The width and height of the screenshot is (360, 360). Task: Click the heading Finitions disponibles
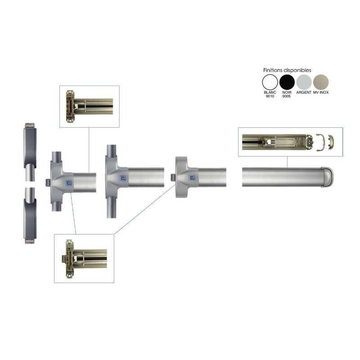(x=287, y=70)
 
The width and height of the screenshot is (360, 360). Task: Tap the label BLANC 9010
(x=270, y=94)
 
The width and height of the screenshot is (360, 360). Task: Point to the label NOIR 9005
(x=287, y=94)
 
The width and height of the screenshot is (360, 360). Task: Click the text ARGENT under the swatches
(x=304, y=92)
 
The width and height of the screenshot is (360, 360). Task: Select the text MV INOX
(x=321, y=92)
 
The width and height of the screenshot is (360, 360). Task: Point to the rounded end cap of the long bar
(x=328, y=177)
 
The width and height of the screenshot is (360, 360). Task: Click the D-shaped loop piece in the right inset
(x=319, y=142)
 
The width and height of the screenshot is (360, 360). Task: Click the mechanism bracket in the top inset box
(x=70, y=106)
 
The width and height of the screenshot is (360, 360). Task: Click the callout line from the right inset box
(x=287, y=162)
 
